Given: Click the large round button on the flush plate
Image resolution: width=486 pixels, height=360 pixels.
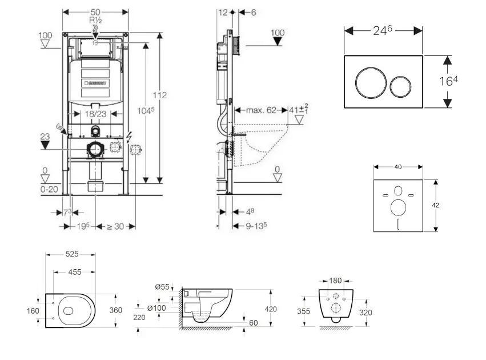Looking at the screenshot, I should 367,83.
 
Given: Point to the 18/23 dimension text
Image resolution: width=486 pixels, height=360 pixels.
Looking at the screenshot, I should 95,114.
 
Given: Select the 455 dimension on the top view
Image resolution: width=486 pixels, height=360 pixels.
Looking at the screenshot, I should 74,273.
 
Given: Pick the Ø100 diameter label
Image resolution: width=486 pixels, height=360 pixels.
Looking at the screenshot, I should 158,309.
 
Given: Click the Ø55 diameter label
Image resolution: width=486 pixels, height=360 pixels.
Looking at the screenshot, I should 162,287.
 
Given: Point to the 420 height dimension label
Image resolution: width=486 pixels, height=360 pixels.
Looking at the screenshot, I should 271,309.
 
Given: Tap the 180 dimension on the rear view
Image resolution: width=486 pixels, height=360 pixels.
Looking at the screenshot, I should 335,281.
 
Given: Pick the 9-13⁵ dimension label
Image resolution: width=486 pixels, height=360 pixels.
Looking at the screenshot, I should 255,226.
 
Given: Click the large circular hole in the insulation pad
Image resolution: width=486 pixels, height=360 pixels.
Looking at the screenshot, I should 397,206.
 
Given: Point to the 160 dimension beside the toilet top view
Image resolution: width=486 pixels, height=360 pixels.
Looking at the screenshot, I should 33,311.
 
